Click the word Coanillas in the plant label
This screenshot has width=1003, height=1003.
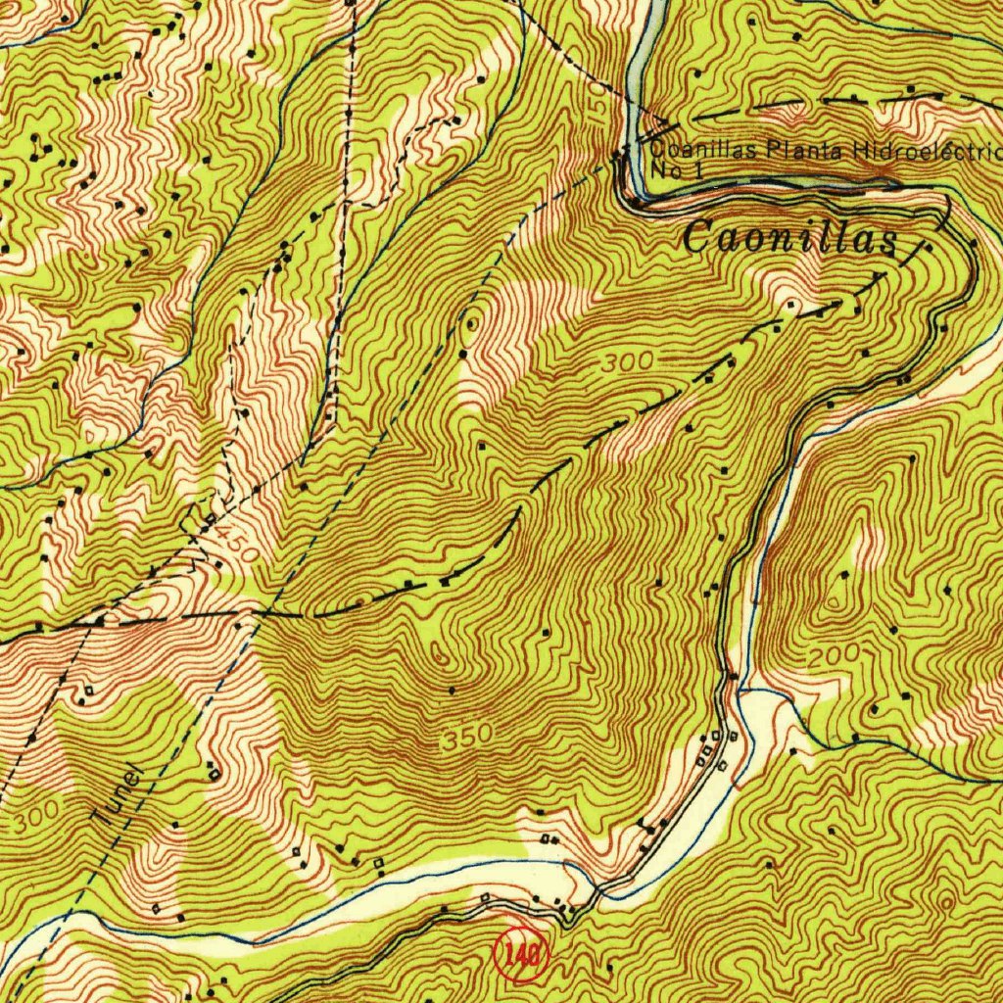tap(706, 151)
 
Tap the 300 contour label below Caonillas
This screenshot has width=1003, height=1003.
tap(627, 361)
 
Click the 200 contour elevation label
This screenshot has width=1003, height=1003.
tap(835, 653)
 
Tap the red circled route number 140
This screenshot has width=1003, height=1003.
tap(519, 953)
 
